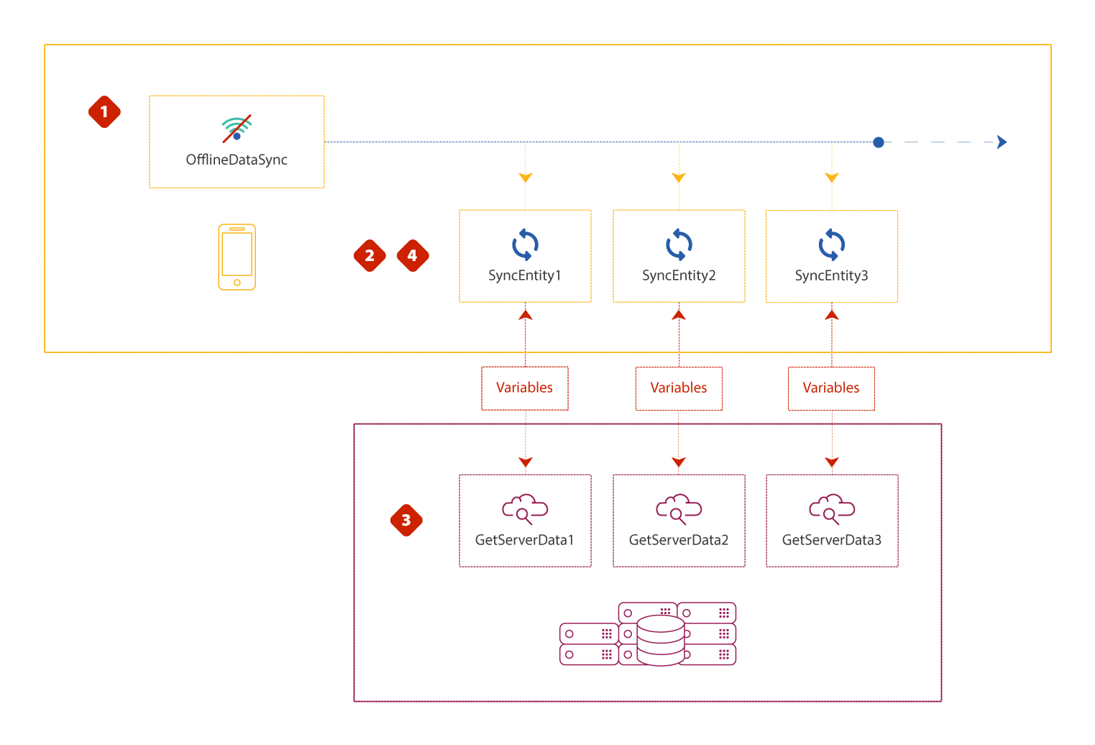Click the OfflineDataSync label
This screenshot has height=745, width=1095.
coord(237,160)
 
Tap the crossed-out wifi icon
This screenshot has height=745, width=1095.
coord(237,129)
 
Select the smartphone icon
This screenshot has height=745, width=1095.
coord(237,257)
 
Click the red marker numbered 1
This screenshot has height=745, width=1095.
coord(104,112)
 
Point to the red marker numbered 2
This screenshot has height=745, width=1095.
coord(370,255)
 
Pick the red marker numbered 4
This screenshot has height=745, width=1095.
coord(413,255)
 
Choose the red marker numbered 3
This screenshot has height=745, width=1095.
coord(406,520)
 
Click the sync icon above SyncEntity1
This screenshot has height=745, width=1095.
coord(525,244)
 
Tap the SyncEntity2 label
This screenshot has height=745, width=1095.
coord(679,275)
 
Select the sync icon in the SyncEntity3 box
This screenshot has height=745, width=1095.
coord(832,244)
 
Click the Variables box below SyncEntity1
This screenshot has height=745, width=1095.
coord(525,388)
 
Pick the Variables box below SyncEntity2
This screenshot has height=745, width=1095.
coord(679,388)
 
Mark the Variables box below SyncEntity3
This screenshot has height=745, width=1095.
coord(831,388)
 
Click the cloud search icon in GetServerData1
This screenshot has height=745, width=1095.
coord(525,508)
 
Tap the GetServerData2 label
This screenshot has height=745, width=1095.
coord(679,540)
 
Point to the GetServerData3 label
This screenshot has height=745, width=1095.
coord(832,540)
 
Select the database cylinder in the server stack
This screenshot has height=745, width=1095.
coord(661,640)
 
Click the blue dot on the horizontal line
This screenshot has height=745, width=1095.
coord(879,142)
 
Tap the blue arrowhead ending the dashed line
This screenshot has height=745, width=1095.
coord(1002,142)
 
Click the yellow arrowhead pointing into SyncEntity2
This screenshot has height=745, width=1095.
coord(679,178)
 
